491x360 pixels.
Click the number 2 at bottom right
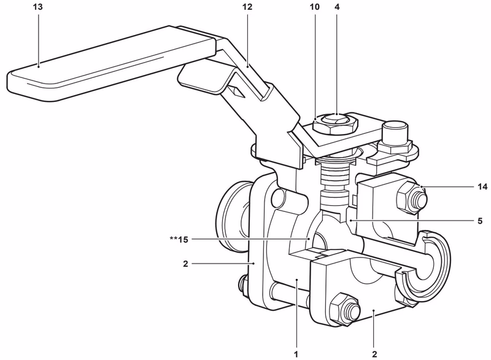374,354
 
